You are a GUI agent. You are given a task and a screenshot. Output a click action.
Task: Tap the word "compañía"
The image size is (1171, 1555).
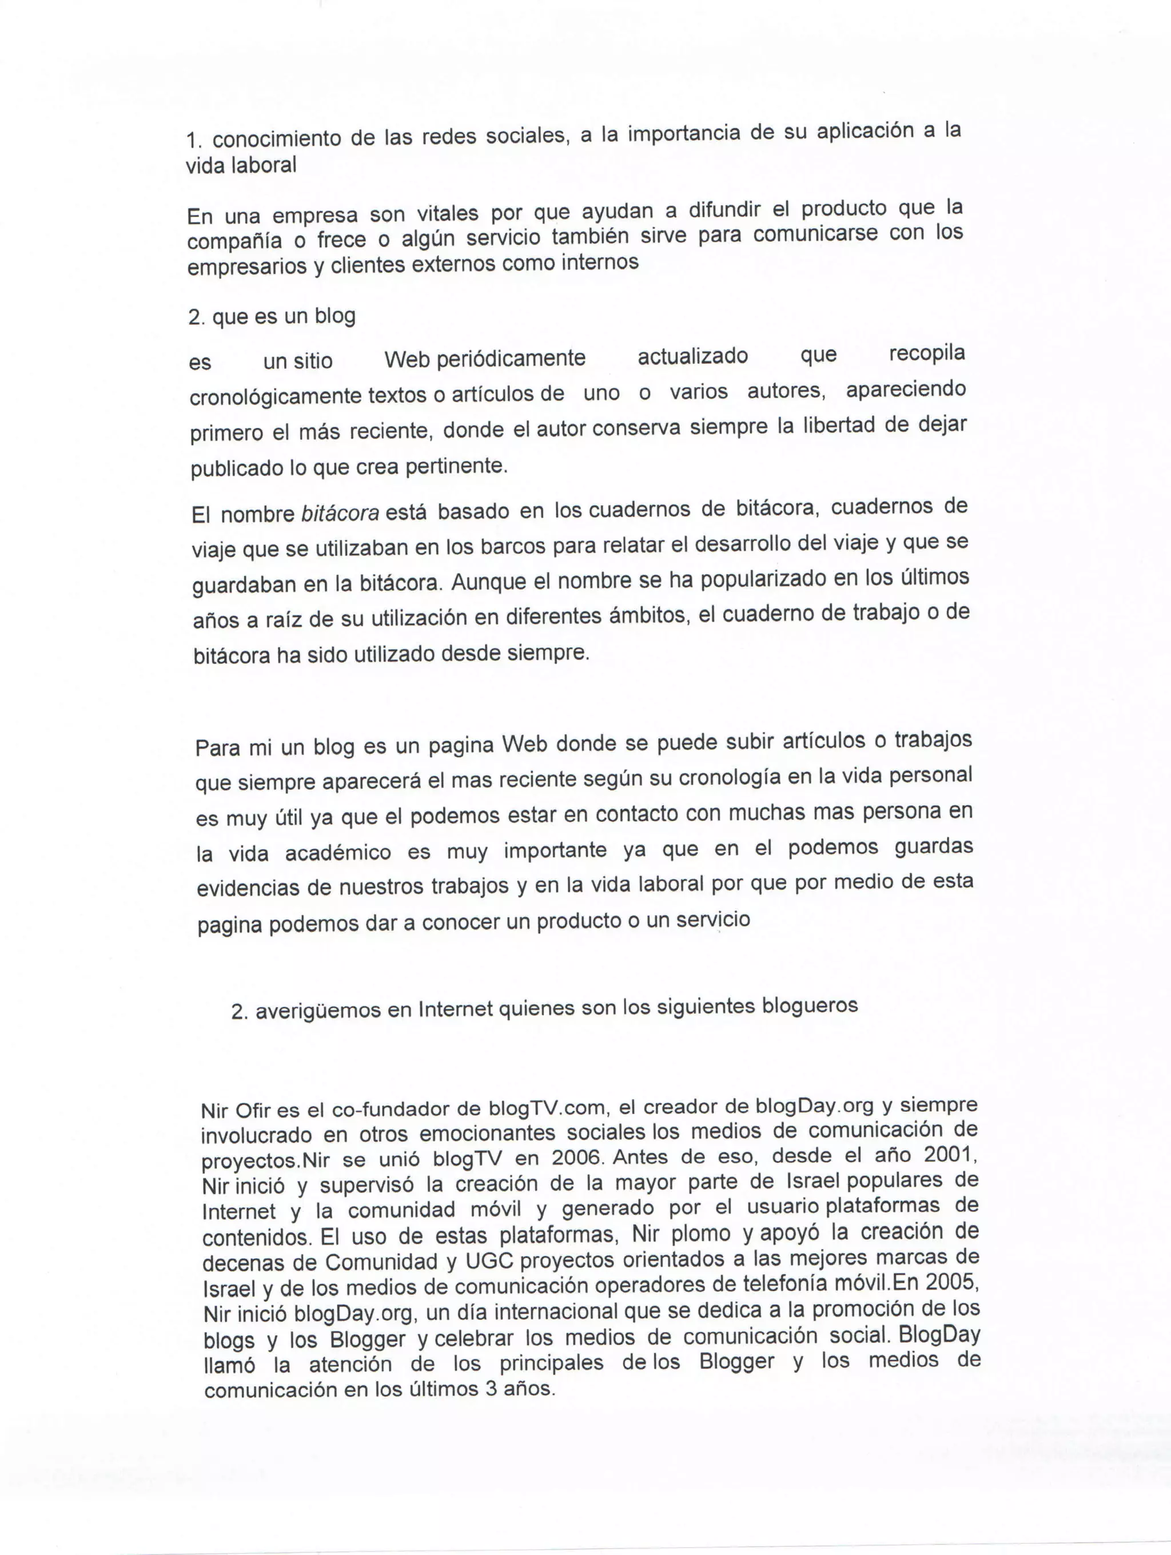[x=234, y=241]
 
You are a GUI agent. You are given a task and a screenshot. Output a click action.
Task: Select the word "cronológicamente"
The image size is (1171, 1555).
[x=276, y=396]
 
